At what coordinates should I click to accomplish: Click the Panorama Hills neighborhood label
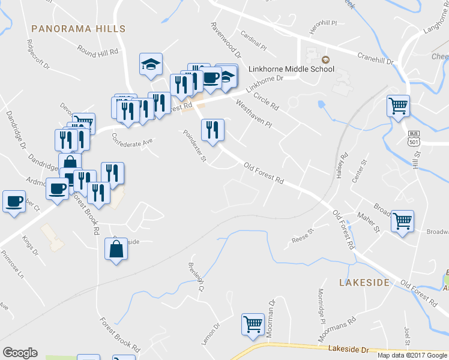(x=78, y=28)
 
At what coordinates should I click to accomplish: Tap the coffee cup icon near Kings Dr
(x=14, y=202)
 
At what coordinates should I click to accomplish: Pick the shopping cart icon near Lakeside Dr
(x=253, y=324)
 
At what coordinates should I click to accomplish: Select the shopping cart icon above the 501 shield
(x=399, y=107)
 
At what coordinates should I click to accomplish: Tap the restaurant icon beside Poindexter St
(x=212, y=131)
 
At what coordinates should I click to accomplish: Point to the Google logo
(x=20, y=353)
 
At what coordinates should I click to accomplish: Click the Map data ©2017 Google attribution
(x=412, y=355)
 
